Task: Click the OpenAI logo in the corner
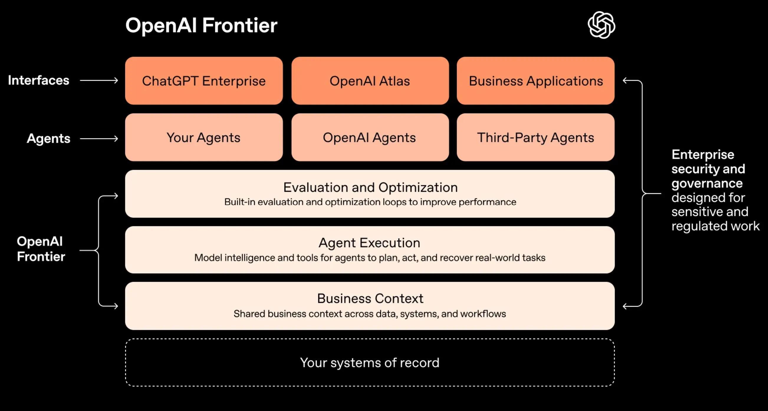tap(601, 25)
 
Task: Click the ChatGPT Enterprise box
tap(204, 81)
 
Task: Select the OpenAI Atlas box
tap(370, 81)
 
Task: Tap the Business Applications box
tap(535, 81)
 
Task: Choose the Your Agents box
tap(204, 137)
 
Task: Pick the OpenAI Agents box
tap(370, 137)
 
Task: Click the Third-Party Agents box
tap(535, 137)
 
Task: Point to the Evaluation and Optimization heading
tap(370, 187)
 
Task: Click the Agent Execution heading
tap(369, 243)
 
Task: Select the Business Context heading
tap(370, 298)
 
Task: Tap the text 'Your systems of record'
tap(370, 363)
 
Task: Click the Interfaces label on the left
tap(38, 80)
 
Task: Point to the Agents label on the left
tap(49, 138)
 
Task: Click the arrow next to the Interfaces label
tap(99, 80)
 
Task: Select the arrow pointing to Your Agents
tap(99, 138)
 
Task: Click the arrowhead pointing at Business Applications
tap(626, 80)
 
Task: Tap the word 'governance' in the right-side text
tap(707, 183)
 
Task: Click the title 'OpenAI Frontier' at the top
tap(201, 25)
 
